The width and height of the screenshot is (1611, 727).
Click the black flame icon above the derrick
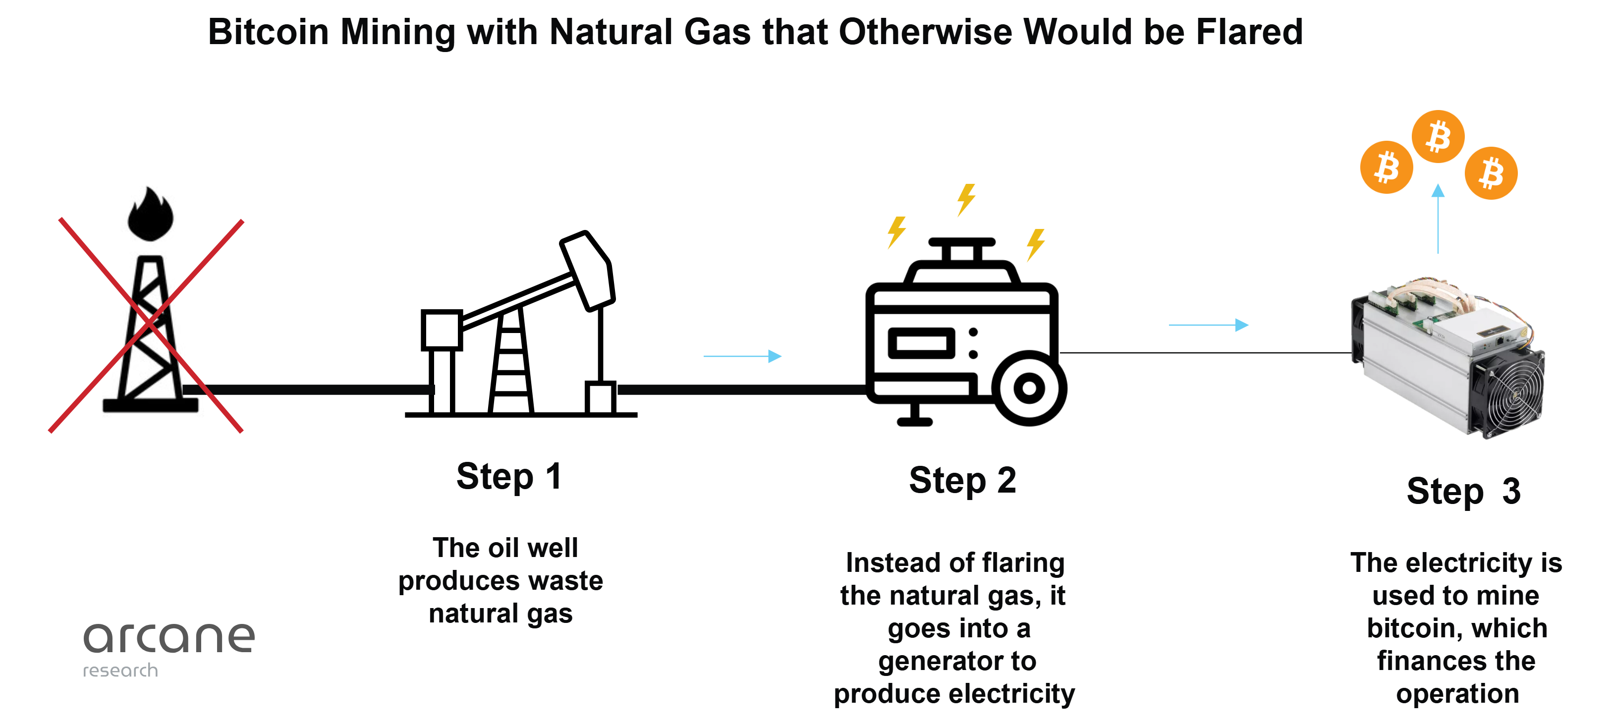tap(150, 214)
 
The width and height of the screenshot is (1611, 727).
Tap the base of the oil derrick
tap(150, 405)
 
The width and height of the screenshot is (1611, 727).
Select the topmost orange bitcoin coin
tap(1438, 136)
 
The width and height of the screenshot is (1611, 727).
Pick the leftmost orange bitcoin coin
tap(1386, 167)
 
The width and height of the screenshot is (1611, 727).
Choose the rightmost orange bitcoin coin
tap(1491, 172)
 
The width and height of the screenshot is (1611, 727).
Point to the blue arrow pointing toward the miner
tap(1208, 325)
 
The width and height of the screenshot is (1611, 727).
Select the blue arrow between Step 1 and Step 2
tap(742, 356)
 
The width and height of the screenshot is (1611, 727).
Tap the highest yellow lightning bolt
tap(966, 200)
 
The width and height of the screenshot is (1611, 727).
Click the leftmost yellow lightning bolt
tap(896, 233)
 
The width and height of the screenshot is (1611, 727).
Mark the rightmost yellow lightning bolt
tap(1036, 245)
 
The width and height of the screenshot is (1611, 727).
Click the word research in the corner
tap(120, 671)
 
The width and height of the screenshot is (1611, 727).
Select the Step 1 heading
tap(508, 477)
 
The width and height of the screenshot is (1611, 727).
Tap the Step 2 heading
tap(962, 481)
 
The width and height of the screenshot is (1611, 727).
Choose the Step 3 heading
tap(1463, 491)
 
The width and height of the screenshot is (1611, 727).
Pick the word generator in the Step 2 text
tap(957, 661)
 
